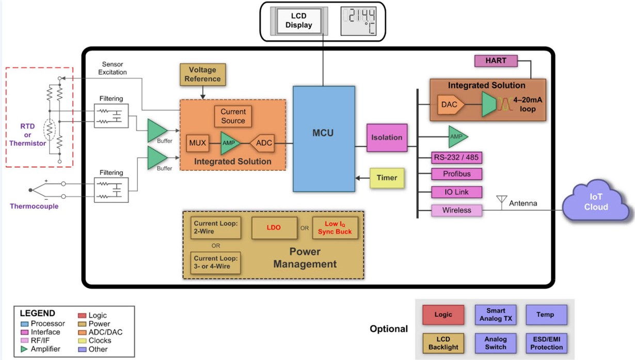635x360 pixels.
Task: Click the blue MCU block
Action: click(324, 138)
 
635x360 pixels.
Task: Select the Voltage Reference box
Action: click(202, 74)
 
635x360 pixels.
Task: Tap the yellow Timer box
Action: click(387, 178)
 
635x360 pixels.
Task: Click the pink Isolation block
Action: click(387, 137)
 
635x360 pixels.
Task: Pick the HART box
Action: click(496, 61)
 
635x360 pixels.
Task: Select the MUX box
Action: click(197, 143)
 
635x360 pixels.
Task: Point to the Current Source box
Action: click(233, 116)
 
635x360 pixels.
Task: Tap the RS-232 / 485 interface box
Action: click(457, 158)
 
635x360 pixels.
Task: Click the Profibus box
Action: click(457, 174)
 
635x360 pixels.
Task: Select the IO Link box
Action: click(457, 192)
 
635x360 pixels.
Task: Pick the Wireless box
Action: click(457, 210)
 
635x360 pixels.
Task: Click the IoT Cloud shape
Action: click(595, 202)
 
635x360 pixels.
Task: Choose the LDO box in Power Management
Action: click(274, 228)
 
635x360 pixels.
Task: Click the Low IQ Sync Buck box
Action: click(335, 228)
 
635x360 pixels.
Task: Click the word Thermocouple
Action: click(34, 206)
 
